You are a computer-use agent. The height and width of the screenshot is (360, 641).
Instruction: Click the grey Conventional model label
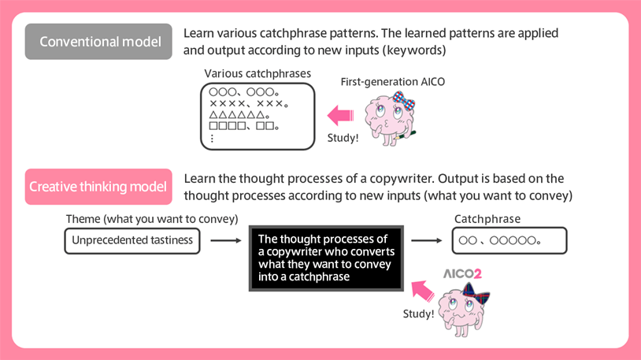pos(98,42)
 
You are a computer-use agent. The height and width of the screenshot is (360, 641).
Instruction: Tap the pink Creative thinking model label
pos(98,187)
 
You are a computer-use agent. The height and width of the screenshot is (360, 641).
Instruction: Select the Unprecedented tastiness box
pos(132,240)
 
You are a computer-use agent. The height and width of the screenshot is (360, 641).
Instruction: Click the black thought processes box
pos(326,258)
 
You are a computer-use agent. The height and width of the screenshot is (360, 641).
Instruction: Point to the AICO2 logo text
pos(462,274)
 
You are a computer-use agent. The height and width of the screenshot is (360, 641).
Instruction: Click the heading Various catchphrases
pos(258,74)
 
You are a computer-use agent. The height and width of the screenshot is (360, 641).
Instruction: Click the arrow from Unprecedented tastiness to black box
pos(224,240)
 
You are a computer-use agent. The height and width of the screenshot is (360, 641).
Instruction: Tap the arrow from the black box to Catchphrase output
pos(427,240)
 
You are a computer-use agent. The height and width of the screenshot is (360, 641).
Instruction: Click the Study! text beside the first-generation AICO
pos(343,138)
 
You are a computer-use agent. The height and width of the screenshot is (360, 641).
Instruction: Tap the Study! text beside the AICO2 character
pos(418,314)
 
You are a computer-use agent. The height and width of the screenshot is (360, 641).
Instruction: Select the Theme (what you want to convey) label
pos(151,219)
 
